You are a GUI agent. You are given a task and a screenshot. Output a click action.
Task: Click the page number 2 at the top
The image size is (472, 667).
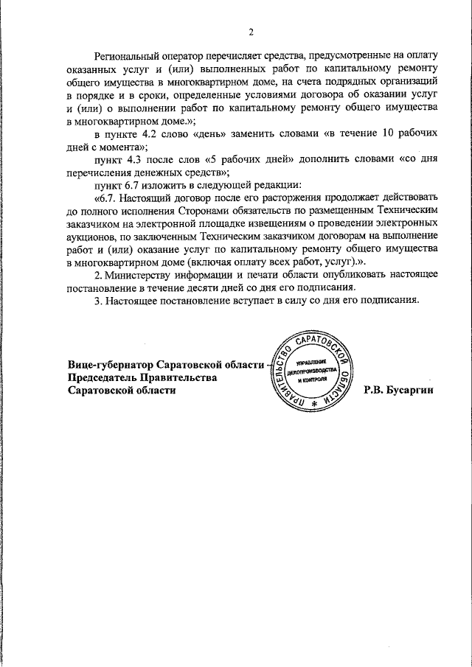(251, 32)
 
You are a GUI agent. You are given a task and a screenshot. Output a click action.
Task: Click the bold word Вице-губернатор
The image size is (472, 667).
(109, 365)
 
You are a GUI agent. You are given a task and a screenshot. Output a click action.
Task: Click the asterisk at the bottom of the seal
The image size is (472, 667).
(314, 405)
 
